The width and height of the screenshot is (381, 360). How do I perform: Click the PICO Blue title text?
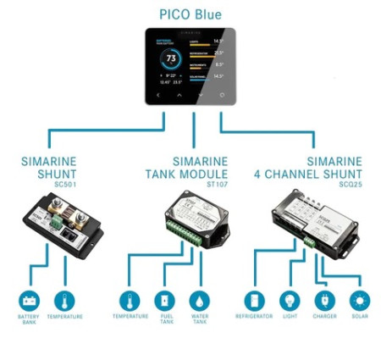(191, 14)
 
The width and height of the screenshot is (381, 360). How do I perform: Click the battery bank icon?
(30, 302)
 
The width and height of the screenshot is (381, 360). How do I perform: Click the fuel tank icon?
(165, 302)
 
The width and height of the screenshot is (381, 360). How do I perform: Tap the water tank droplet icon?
(201, 302)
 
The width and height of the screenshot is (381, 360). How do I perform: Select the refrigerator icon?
(255, 302)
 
